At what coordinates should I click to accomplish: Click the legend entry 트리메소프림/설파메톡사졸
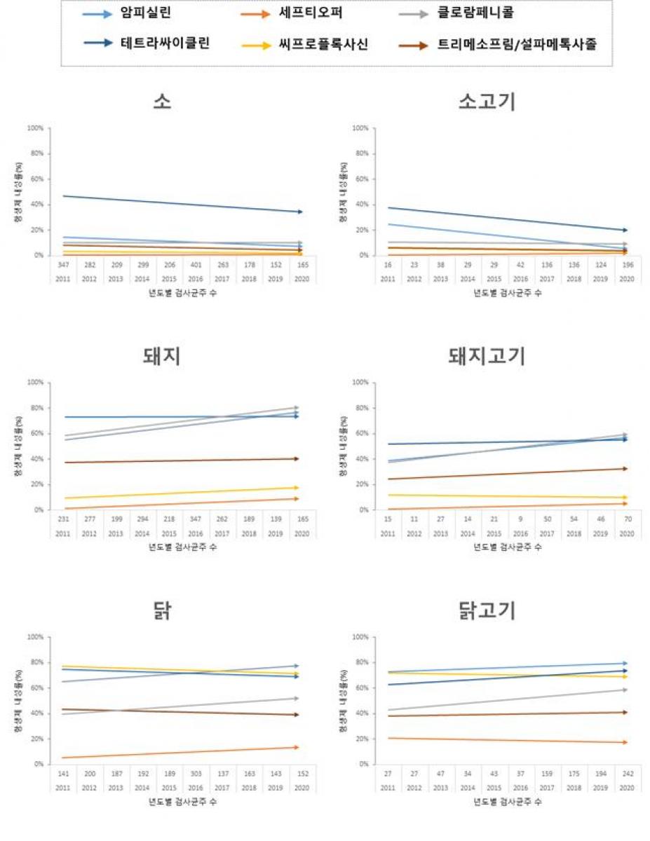click(517, 45)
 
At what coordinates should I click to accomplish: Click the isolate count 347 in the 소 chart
click(62, 266)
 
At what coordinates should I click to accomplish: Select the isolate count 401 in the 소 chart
click(196, 266)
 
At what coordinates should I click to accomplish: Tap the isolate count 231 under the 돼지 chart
click(62, 520)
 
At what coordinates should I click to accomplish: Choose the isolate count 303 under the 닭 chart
click(196, 774)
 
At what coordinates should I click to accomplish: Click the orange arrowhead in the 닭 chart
click(297, 747)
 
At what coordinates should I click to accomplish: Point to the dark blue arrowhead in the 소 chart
click(299, 212)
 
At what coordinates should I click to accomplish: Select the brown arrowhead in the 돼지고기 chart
click(624, 468)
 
